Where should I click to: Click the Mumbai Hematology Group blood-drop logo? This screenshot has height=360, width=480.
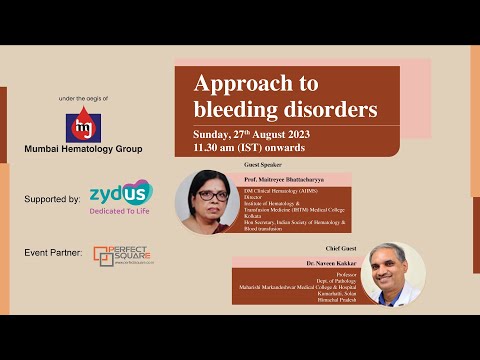pyautogui.click(x=83, y=126)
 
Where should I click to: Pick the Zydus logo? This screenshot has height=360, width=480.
pyautogui.click(x=121, y=193)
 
